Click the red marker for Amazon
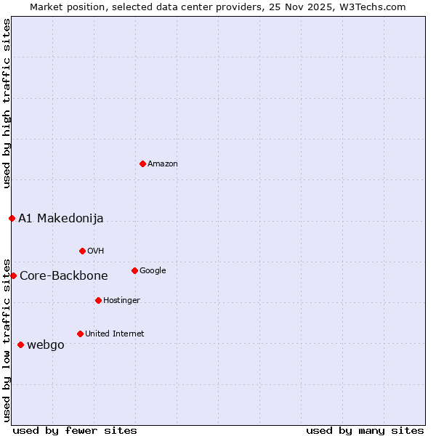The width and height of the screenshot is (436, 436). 142,163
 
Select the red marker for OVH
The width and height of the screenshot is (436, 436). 82,251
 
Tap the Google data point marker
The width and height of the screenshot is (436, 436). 134,270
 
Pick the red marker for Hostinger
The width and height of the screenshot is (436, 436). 98,300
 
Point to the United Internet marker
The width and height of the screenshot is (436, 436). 80,334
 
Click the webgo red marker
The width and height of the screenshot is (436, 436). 20,344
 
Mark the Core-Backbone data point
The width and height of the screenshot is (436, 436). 13,275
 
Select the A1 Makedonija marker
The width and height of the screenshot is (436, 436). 12,218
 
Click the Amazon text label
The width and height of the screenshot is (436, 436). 163,164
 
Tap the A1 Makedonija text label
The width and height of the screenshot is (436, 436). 61,219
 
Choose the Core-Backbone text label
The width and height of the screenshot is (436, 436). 64,276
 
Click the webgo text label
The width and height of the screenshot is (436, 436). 46,345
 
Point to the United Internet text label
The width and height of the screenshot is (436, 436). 115,334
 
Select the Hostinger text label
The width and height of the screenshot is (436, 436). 121,301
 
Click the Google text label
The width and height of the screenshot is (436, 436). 153,271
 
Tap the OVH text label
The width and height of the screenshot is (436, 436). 96,251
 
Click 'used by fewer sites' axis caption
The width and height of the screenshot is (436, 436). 75,431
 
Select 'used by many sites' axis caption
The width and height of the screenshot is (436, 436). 365,431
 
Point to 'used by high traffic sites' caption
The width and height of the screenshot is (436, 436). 7,103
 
